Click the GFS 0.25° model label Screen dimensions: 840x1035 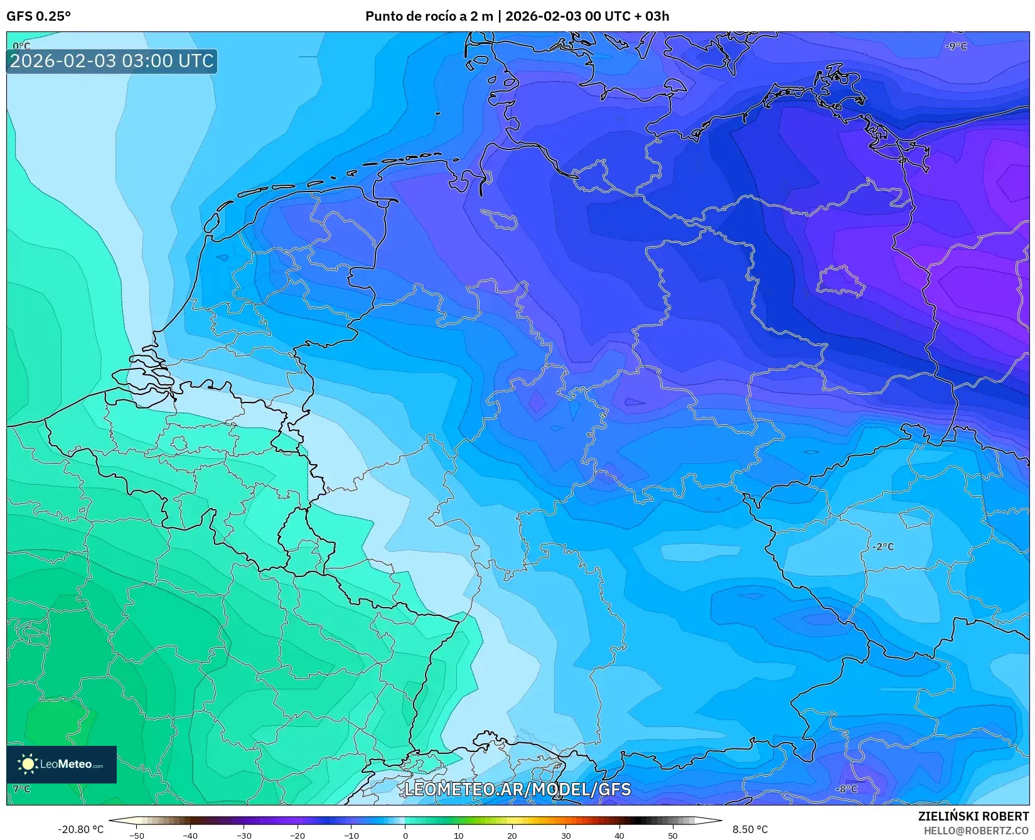(x=38, y=16)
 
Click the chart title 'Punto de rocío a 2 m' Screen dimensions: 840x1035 (x=429, y=16)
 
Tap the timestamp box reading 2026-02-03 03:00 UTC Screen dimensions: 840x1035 (x=112, y=62)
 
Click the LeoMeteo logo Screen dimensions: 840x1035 (x=62, y=764)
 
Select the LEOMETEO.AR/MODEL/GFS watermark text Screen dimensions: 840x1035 (x=517, y=789)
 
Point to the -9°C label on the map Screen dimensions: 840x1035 (x=957, y=46)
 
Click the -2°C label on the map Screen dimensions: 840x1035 (x=882, y=547)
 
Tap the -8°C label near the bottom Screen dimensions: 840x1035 (x=846, y=789)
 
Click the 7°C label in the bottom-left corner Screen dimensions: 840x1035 (x=21, y=789)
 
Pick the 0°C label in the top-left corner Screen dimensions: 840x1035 (x=21, y=46)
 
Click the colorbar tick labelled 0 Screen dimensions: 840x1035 (x=405, y=835)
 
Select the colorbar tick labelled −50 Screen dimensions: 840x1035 (x=136, y=835)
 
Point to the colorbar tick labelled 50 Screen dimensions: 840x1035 (x=673, y=835)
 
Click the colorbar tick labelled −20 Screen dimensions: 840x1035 (x=298, y=835)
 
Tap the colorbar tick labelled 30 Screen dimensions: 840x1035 (x=566, y=835)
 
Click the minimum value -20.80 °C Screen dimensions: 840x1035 (x=80, y=829)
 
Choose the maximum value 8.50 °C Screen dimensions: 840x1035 (x=750, y=829)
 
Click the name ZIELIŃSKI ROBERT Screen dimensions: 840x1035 (x=973, y=816)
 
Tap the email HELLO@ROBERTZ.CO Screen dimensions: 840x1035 (x=976, y=831)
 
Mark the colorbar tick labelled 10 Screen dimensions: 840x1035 (x=458, y=835)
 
